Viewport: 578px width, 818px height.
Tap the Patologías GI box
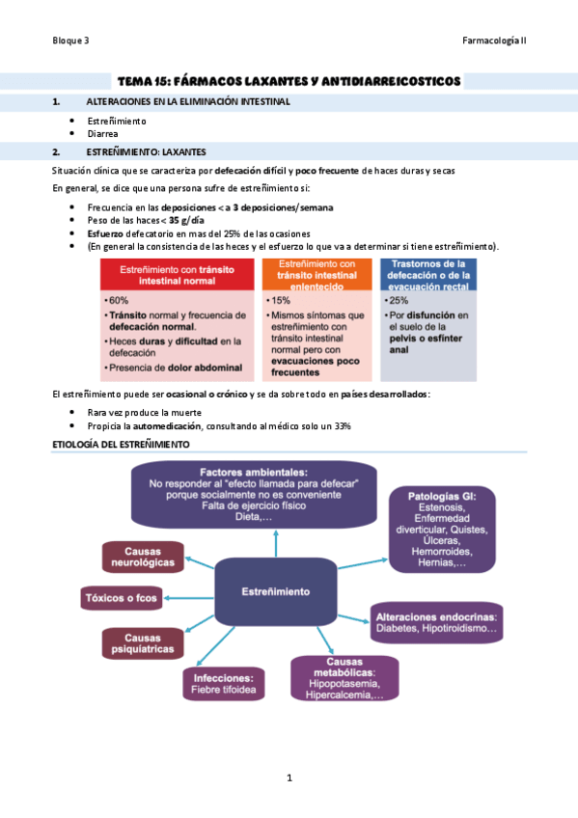click(443, 529)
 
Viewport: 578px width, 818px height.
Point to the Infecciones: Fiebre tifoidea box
click(223, 683)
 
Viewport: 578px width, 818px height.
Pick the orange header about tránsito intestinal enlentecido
click(317, 275)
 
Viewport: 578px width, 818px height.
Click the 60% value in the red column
click(121, 300)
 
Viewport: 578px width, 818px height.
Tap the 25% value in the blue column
click(399, 300)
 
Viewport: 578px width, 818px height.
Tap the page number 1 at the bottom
click(289, 777)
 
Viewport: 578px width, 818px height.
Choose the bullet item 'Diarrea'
click(103, 134)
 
